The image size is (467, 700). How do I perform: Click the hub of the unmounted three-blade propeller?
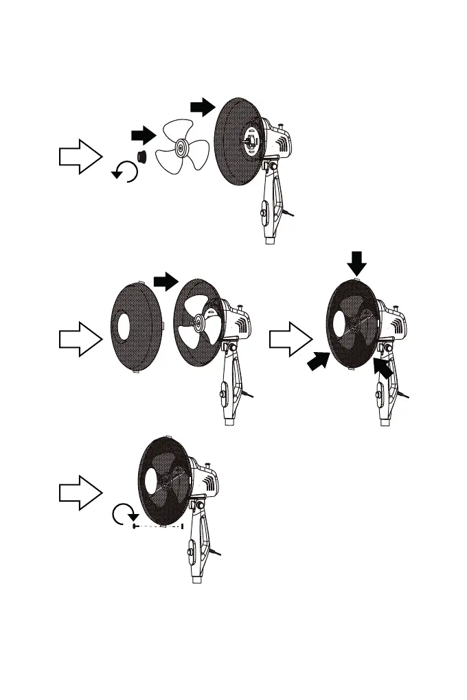pyautogui.click(x=181, y=147)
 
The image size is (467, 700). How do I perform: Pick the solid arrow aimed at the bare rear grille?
pyautogui.click(x=201, y=105)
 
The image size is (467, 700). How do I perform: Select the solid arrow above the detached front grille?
pyautogui.click(x=166, y=280)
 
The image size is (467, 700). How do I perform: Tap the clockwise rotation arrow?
pyautogui.click(x=125, y=515)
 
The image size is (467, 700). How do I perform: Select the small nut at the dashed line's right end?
pyautogui.click(x=182, y=526)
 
